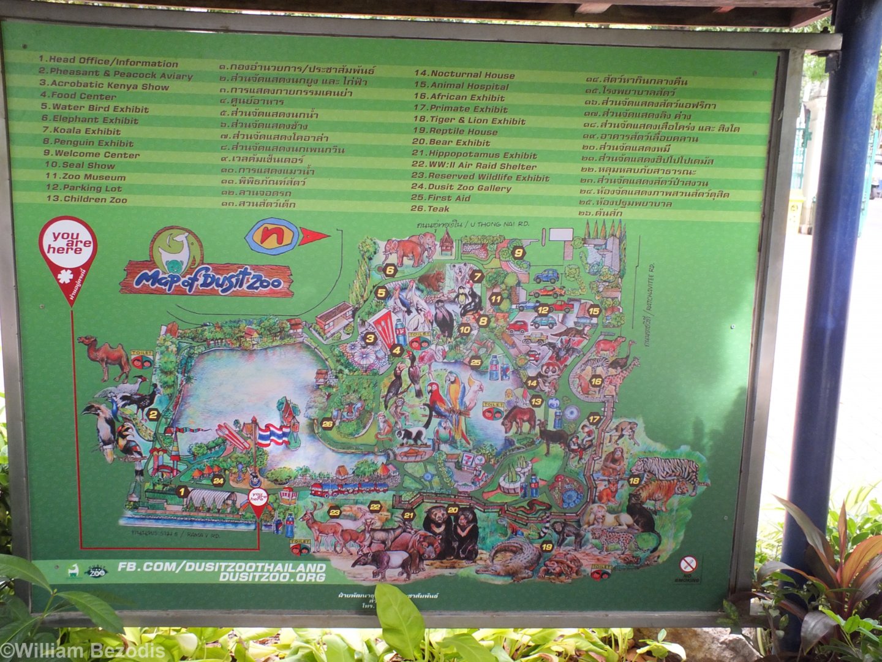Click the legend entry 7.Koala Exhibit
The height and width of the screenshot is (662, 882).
tap(81, 131)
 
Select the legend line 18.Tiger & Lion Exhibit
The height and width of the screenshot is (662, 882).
tap(469, 120)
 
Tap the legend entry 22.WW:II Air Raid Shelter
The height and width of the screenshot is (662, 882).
tap(473, 166)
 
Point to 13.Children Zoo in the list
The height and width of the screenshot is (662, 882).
tap(86, 199)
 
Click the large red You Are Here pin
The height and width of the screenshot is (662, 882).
tap(67, 251)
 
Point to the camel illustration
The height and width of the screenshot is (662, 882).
tap(104, 357)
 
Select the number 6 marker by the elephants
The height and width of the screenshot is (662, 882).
tap(390, 270)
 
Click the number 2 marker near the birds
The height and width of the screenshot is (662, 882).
tap(153, 415)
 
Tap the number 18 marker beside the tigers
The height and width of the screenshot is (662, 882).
tap(634, 481)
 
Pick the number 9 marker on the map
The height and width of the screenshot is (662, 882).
tap(518, 252)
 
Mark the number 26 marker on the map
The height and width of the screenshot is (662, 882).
tap(328, 424)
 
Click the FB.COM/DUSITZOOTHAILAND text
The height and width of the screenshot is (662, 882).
tap(222, 567)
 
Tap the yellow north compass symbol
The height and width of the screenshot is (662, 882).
tap(271, 236)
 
